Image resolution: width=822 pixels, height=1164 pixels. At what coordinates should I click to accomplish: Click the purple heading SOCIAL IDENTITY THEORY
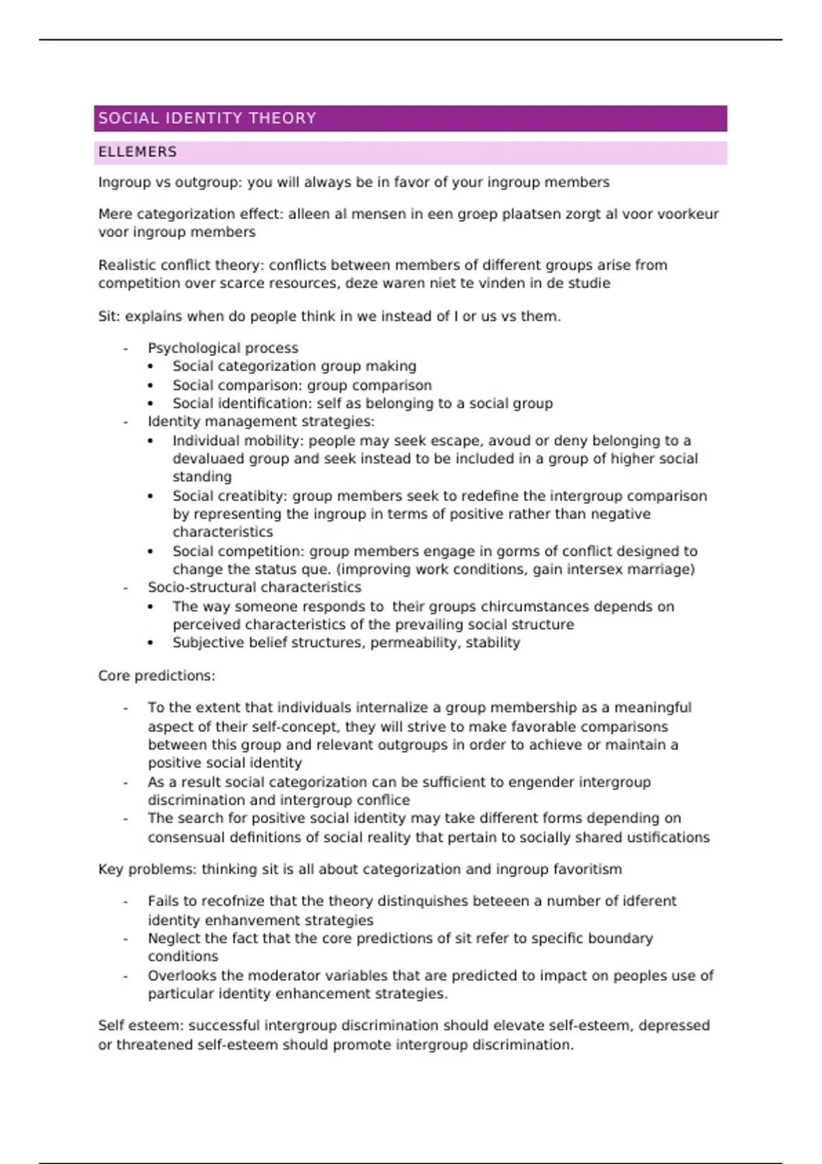coord(207,118)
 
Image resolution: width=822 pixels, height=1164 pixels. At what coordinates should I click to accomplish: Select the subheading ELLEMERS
coord(137,152)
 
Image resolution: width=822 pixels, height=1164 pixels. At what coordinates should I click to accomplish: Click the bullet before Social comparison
coord(151,385)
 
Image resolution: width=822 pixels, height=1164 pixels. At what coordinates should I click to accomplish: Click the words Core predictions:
coord(156,676)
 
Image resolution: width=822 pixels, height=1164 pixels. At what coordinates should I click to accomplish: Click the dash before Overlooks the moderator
coord(125,976)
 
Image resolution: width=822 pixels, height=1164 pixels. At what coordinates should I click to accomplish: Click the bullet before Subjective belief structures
coord(151,643)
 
